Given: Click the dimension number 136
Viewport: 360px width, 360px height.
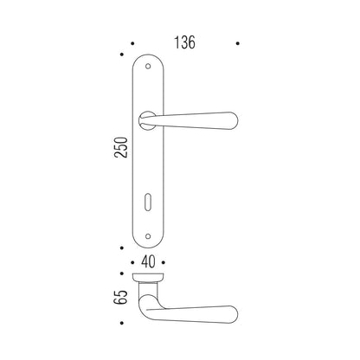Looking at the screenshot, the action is (x=184, y=42).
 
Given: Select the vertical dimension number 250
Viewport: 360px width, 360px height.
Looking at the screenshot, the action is (x=121, y=147).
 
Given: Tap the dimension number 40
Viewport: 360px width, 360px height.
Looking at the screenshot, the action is (x=148, y=262).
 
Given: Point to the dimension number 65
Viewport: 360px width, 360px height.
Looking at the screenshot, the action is (x=120, y=297).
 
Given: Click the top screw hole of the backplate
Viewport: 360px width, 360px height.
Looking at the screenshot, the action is (x=148, y=67).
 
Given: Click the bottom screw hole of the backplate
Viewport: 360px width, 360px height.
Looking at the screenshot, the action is (x=148, y=236).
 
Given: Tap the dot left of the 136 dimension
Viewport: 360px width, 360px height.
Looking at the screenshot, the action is (x=132, y=43).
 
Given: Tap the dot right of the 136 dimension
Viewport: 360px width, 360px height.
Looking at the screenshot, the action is (x=238, y=43).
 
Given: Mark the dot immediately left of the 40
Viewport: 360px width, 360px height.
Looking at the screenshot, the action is (x=132, y=262).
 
